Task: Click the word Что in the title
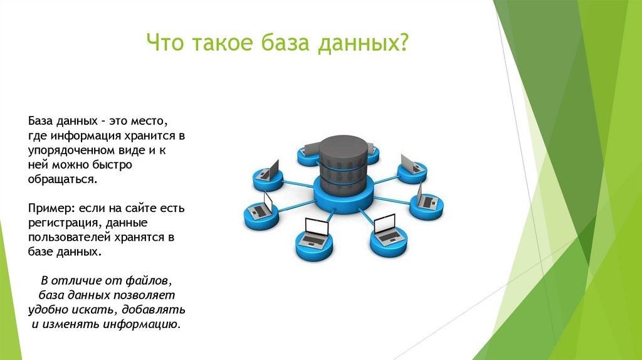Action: coord(166,45)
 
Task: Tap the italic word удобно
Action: coord(48,310)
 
